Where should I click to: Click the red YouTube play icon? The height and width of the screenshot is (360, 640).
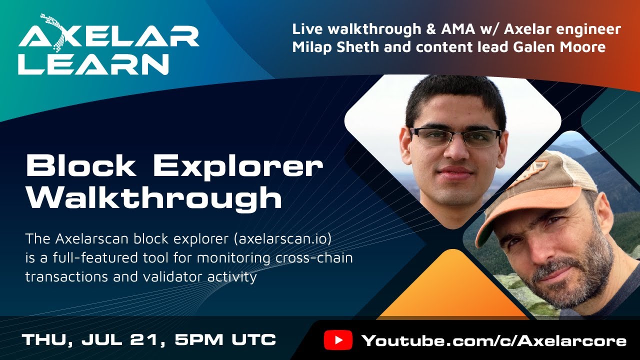pyautogui.click(x=338, y=340)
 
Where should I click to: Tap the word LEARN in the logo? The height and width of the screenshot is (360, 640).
pyautogui.click(x=93, y=64)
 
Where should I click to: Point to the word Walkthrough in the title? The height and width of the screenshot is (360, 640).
pyautogui.click(x=154, y=198)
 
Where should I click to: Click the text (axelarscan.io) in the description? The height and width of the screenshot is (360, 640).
pyautogui.click(x=283, y=239)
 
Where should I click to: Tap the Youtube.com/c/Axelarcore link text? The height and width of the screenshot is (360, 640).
pyautogui.click(x=493, y=341)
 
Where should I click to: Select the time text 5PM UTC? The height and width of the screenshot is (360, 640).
pyautogui.click(x=225, y=340)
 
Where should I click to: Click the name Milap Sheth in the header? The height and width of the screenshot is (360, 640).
pyautogui.click(x=330, y=47)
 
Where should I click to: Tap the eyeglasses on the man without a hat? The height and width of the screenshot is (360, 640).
pyautogui.click(x=455, y=137)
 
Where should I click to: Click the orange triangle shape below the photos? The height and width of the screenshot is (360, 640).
pyautogui.click(x=452, y=290)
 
